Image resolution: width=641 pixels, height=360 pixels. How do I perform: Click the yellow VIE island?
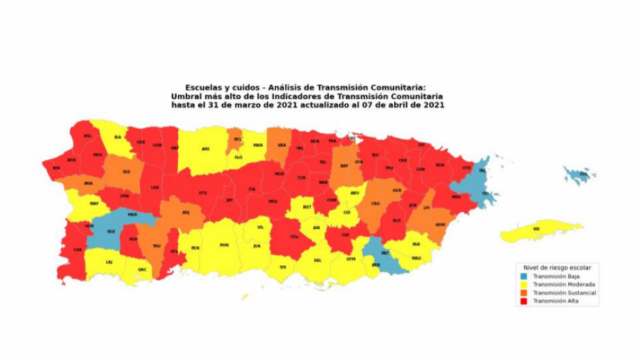(536, 230)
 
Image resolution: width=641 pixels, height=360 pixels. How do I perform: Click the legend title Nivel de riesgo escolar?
(554, 267)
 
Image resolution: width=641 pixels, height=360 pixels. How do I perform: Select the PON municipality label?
(224, 245)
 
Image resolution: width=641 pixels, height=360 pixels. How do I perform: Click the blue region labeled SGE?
(111, 232)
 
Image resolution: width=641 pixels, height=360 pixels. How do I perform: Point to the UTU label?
(202, 192)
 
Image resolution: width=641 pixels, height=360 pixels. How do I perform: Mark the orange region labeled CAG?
(376, 203)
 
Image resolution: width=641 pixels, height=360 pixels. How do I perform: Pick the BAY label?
(344, 166)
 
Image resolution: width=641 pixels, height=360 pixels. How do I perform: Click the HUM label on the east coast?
(439, 224)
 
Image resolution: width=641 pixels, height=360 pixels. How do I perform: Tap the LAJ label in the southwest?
(109, 262)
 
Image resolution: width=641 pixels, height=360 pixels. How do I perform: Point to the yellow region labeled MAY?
(94, 203)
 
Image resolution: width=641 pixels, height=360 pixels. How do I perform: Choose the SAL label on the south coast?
(317, 260)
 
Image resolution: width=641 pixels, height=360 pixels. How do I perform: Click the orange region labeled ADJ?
(185, 213)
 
